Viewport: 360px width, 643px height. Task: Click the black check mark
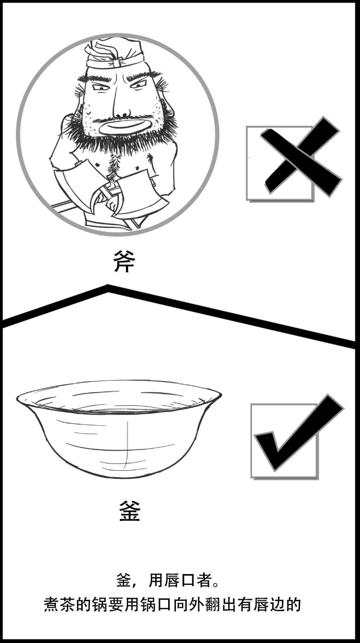[299, 434]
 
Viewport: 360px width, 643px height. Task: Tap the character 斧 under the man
[124, 261]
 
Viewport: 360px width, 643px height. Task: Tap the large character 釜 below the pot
[130, 511]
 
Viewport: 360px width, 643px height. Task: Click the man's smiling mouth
[123, 127]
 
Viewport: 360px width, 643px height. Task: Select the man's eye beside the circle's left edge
[100, 88]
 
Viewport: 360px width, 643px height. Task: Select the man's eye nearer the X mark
[139, 85]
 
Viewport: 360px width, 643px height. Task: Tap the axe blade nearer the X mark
[141, 195]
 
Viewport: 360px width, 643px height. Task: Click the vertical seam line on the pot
[127, 442]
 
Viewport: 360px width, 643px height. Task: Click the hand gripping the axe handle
[112, 204]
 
